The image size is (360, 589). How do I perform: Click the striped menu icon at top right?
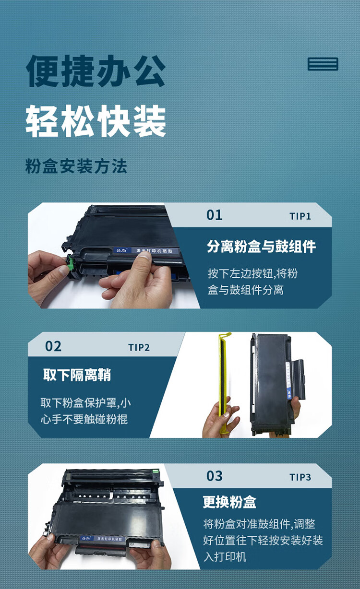tap(323, 64)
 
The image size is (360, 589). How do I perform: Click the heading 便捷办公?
tap(96, 71)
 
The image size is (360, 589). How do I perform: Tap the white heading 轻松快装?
tap(96, 121)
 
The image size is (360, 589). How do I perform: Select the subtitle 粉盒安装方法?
tap(76, 166)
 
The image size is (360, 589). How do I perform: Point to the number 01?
tap(214, 215)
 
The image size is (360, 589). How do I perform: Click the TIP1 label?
tap(300, 216)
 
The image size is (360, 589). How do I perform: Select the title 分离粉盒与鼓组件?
tap(261, 247)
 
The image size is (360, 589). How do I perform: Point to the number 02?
tap(53, 346)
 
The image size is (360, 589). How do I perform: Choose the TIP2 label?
tap(139, 348)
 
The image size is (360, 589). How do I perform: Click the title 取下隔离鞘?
tap(77, 375)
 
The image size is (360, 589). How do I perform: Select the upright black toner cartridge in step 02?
tap(274, 384)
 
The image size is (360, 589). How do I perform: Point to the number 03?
tap(214, 476)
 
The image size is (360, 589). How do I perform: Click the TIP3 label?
tap(300, 477)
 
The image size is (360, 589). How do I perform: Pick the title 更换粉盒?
tap(229, 502)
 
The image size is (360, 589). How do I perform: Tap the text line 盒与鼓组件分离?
tap(246, 290)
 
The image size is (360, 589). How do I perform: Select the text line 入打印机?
tap(225, 557)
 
